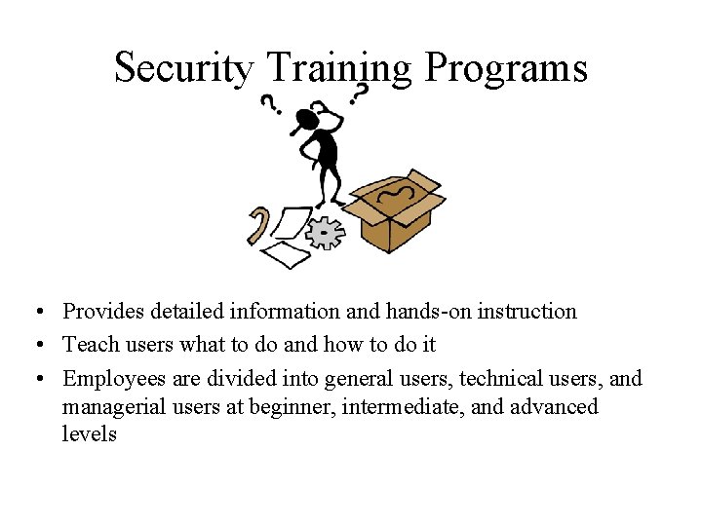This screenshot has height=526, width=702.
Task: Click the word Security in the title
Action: point(183,68)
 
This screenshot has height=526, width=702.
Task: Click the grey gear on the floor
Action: point(326,233)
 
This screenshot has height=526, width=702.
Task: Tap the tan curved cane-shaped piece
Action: point(257,225)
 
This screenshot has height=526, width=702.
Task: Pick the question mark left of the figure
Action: point(270,104)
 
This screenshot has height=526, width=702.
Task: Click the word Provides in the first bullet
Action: point(102,312)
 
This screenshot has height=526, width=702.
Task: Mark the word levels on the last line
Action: point(89,434)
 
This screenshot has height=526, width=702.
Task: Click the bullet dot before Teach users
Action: point(34,345)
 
